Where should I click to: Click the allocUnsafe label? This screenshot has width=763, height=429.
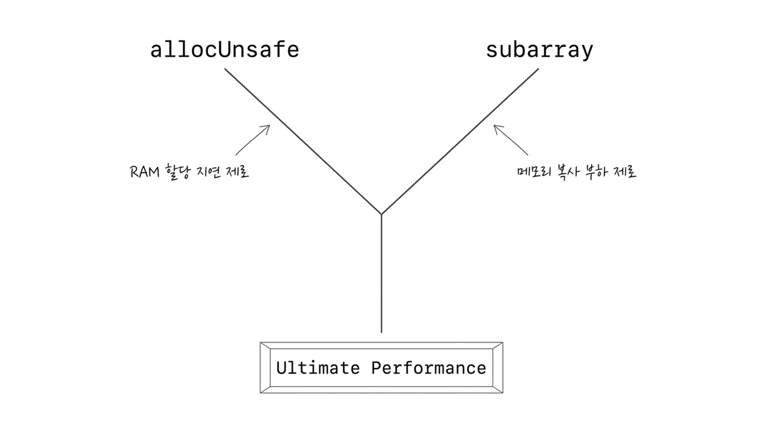225,50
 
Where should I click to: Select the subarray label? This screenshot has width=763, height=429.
540,51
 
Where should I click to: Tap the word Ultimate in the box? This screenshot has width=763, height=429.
318,368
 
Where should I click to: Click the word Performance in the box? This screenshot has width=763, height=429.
429,368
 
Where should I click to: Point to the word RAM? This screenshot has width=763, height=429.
145,172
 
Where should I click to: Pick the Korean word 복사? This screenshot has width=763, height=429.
567,172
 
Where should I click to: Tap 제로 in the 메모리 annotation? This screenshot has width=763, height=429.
625,172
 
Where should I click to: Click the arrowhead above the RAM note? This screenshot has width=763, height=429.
269,126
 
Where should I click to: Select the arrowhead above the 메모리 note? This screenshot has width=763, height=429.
494,126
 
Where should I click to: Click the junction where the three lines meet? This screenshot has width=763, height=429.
381,214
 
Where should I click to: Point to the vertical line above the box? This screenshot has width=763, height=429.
381,274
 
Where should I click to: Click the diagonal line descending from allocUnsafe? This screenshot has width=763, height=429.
303,142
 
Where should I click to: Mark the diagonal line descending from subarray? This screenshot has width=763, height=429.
460,142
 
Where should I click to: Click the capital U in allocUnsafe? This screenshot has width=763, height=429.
225,50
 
